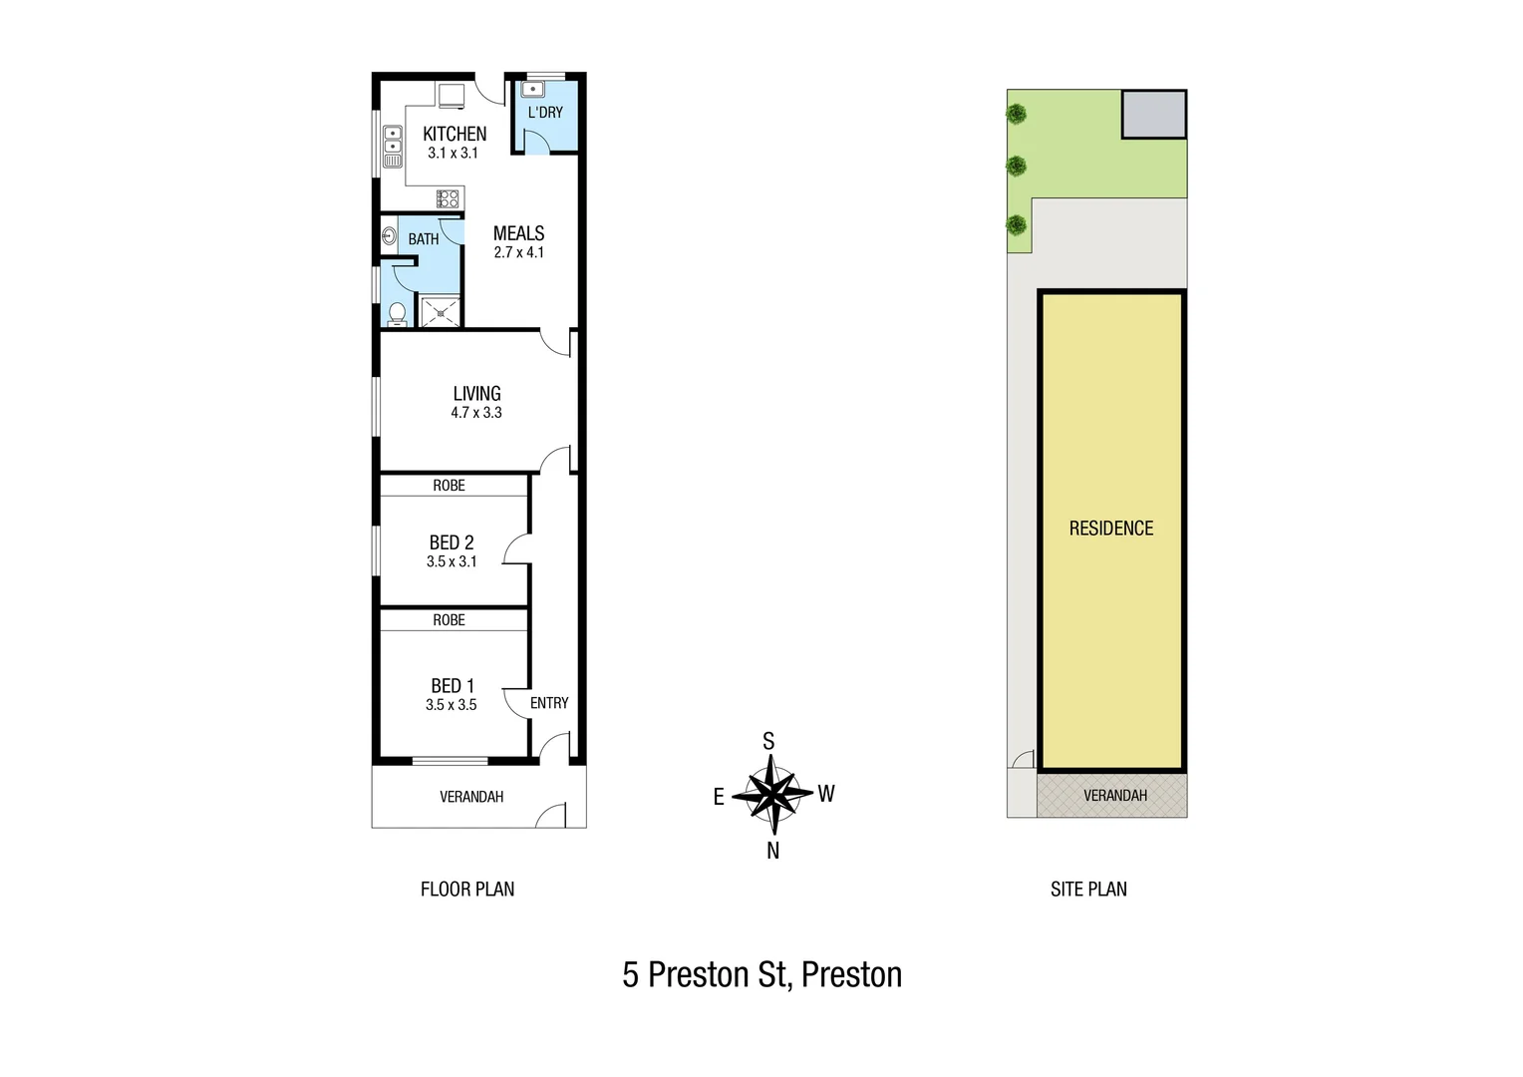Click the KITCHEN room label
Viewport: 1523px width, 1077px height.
[455, 134]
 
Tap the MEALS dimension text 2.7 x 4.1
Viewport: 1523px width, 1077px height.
[518, 253]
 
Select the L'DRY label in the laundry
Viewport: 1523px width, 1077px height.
[545, 113]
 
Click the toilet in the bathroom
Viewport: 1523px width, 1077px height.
[397, 313]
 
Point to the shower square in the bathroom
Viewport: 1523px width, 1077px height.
[440, 312]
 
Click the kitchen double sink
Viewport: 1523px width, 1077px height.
[393, 147]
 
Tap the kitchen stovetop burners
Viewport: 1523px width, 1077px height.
[448, 198]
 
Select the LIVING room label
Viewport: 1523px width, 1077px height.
[476, 394]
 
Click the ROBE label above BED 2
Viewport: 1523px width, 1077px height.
[449, 486]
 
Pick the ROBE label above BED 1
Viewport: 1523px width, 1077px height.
[449, 620]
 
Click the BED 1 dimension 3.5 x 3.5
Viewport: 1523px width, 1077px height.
[451, 705]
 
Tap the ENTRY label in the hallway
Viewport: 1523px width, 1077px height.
[549, 703]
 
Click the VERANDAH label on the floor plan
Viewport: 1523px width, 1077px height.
[471, 797]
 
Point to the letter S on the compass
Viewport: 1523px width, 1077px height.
[768, 741]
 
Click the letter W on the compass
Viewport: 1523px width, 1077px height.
[826, 794]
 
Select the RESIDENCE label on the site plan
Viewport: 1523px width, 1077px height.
[1111, 529]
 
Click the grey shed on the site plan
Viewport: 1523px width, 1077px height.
[1154, 114]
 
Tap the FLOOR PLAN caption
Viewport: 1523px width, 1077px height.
[467, 890]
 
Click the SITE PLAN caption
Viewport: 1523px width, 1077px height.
[1088, 890]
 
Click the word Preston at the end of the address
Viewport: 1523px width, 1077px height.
[851, 974]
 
